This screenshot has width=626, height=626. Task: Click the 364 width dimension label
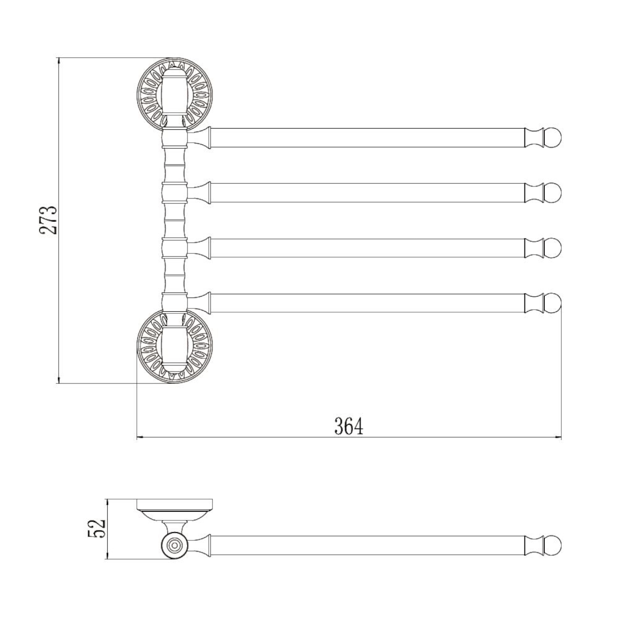pos(349,426)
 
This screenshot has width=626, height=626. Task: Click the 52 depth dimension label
pos(97,528)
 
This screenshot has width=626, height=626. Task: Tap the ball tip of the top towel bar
pos(553,138)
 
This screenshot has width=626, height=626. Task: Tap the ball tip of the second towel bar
pos(553,193)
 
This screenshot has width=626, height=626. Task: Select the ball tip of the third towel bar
pos(553,248)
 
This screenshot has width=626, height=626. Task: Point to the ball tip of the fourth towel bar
pos(553,303)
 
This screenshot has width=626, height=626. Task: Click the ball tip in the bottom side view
pos(553,545)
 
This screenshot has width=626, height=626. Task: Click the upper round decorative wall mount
pos(174,95)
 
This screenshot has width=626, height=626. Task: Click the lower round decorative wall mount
pos(174,346)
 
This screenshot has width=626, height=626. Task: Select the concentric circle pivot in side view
pos(174,545)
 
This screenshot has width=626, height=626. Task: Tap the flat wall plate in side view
pos(174,505)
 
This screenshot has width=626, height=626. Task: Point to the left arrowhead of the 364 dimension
pos(140,437)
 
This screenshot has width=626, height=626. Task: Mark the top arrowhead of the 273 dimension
pos(58,61)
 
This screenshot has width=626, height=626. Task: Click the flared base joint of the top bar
pos(199,138)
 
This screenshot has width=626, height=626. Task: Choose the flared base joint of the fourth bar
pos(199,303)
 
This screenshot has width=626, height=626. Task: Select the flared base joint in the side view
pos(199,545)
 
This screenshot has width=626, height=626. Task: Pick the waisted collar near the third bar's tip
pos(534,248)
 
